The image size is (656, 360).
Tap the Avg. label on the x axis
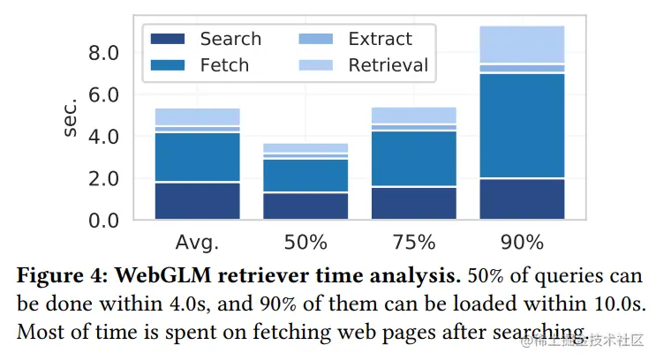point(197,242)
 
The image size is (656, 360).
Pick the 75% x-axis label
point(413,242)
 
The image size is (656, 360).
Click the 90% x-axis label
point(521,242)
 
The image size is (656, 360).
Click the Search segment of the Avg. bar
point(197,200)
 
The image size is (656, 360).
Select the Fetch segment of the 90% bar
point(521,125)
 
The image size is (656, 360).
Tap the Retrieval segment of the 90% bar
point(521,44)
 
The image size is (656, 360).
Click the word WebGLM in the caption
point(163,275)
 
